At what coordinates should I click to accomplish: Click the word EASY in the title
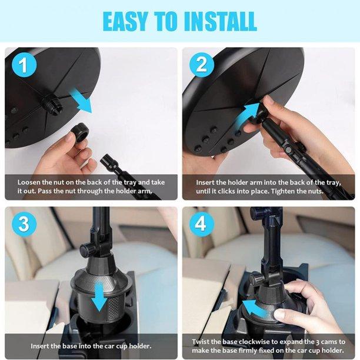coord(125,21)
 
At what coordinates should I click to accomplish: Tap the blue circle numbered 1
coord(24,65)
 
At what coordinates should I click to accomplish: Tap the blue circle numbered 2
coord(202,65)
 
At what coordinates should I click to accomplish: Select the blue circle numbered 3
coord(24,224)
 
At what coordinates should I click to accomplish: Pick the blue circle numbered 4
coord(202,224)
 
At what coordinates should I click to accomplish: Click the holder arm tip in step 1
coord(106,158)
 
